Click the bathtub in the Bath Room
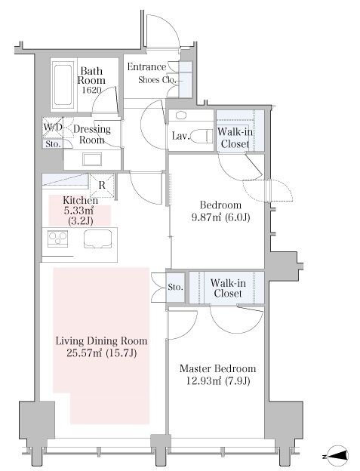63,85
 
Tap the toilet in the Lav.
202,137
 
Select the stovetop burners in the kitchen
58,239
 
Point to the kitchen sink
98,239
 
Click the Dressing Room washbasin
92,159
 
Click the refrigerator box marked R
102,186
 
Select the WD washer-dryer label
53,127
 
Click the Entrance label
146,66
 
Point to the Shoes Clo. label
157,80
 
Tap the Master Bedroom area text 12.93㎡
204,381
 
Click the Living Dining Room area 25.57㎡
85,352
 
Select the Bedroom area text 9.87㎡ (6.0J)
220,217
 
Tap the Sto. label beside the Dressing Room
53,144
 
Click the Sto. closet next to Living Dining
175,287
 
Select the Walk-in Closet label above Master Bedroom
228,288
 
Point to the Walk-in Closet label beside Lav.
235,137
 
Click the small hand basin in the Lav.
180,115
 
